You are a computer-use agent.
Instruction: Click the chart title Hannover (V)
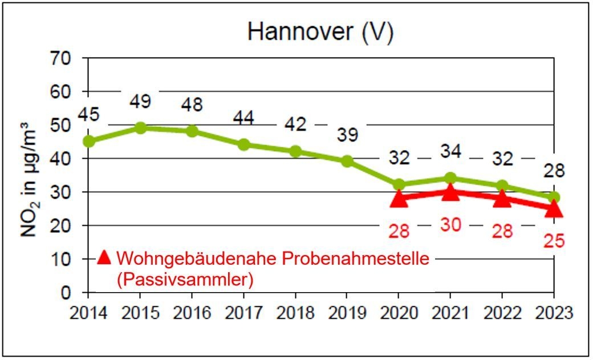320,32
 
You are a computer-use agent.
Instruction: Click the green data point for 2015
140,128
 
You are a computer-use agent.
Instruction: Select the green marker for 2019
347,161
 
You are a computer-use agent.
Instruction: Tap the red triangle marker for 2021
450,192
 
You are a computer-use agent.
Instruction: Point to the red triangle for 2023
553,209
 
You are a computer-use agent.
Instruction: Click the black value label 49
140,102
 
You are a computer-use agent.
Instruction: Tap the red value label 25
553,240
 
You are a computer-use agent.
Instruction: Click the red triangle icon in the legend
103,258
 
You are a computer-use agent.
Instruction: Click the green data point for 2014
88,141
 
